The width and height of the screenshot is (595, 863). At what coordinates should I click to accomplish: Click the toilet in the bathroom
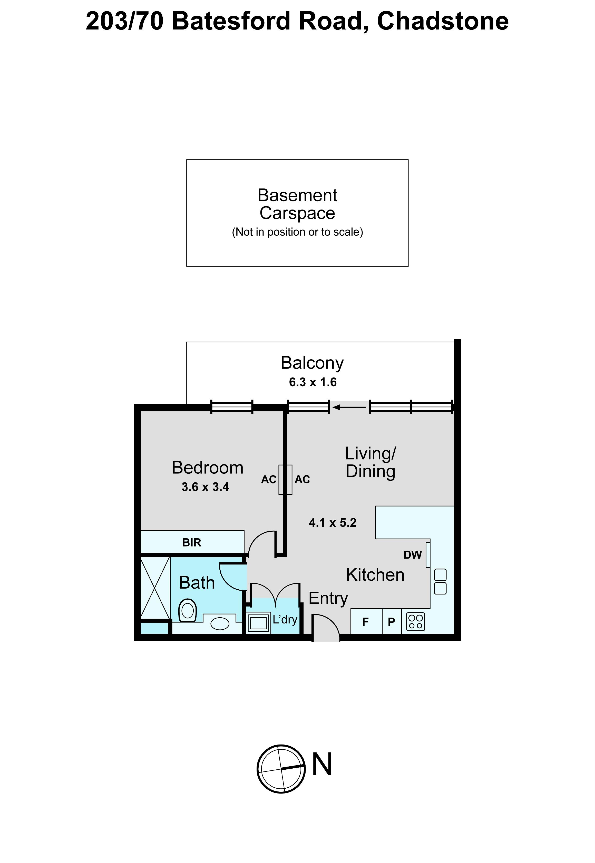[188, 610]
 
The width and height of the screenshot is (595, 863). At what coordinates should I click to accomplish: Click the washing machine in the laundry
[259, 622]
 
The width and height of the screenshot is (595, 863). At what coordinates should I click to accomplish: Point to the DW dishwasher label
[412, 555]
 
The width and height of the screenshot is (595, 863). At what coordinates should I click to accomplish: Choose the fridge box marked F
[366, 621]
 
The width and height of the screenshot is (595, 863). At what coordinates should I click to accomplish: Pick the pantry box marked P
[392, 621]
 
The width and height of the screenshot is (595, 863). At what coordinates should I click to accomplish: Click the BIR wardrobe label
[192, 542]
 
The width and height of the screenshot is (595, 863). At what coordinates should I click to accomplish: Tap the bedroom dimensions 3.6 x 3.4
[206, 487]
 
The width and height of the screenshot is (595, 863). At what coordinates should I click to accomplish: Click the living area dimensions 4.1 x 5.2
[333, 523]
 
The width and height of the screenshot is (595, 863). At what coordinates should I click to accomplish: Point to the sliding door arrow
[349, 407]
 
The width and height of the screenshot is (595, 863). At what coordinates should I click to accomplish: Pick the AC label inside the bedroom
[268, 480]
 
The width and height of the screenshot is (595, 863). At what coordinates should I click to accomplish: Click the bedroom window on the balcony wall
[232, 407]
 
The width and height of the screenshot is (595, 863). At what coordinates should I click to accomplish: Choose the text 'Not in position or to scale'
[298, 232]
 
